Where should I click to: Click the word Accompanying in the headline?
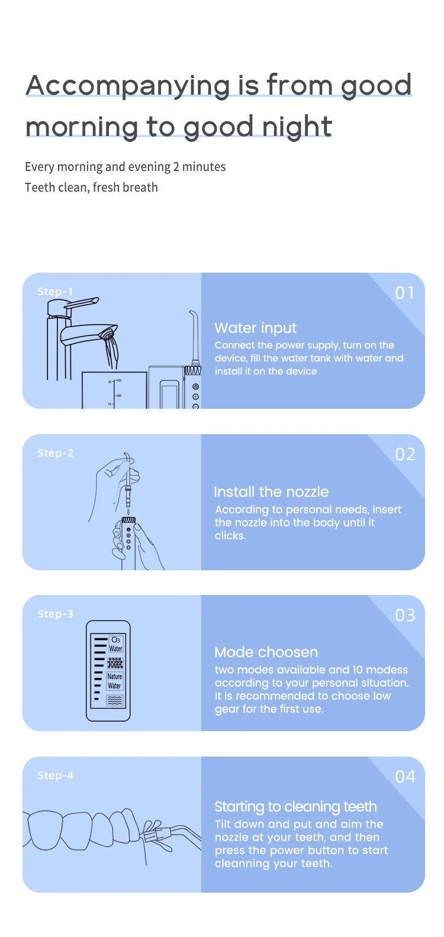coord(128,86)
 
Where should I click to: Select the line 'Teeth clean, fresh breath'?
coord(91,188)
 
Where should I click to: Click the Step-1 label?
coord(55,292)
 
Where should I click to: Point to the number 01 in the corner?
coord(405,293)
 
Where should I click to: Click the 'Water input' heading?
coord(255,328)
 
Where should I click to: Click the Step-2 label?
coord(55,453)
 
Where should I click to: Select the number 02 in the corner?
coord(405,454)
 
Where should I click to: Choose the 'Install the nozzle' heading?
coord(271,492)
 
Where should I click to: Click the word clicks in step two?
coord(229,536)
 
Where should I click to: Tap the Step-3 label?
coord(55,614)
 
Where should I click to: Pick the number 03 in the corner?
coord(405,616)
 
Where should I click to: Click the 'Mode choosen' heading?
coord(266,652)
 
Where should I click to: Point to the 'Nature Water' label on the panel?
coord(115,681)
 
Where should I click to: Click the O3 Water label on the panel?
coord(115,644)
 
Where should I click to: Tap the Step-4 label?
coord(55,776)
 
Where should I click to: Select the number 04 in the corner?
coord(405,777)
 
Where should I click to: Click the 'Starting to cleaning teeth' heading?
coord(295,807)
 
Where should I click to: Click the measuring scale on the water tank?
coord(114,392)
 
